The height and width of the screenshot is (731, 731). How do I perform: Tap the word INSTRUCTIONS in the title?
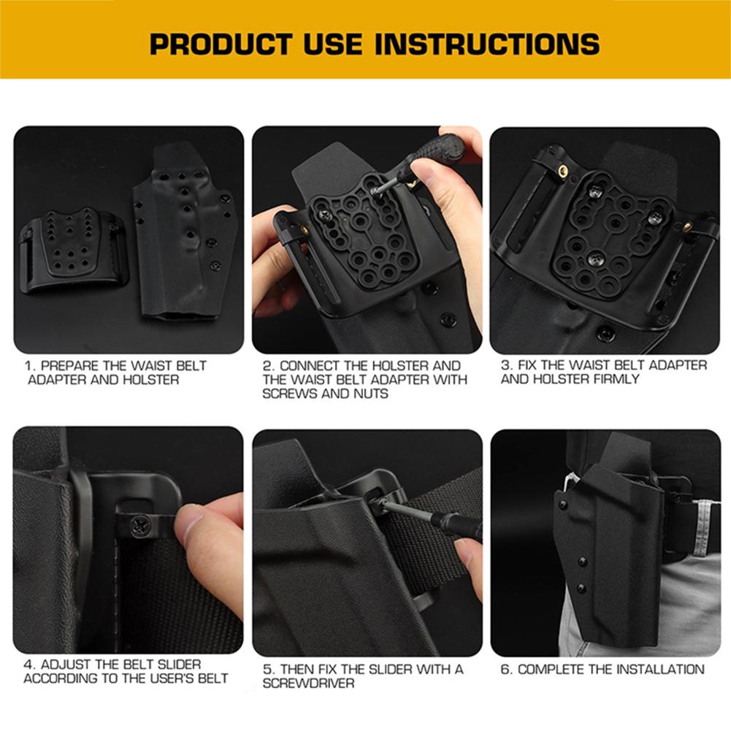[488, 43]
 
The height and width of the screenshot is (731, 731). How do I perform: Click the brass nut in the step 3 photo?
[563, 170]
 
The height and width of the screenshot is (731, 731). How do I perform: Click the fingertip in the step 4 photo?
[194, 520]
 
